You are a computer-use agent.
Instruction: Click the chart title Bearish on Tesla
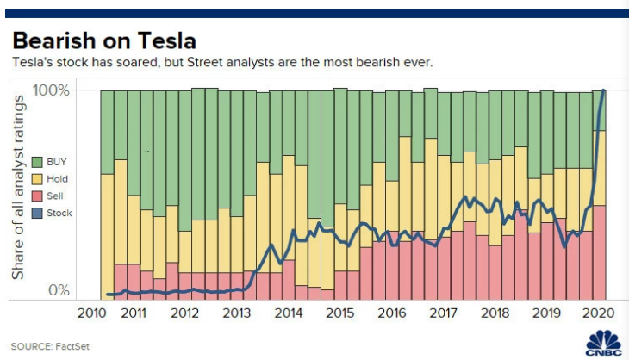point(104,40)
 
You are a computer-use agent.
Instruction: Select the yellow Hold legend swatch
point(37,179)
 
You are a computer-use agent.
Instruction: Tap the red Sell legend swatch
point(37,196)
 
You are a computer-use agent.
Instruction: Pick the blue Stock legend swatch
point(37,214)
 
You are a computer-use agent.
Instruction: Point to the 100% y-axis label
point(51,90)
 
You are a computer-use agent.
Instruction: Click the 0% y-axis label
point(58,290)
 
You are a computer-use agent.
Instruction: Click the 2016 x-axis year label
point(392,313)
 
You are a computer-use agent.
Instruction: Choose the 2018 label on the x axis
point(495,313)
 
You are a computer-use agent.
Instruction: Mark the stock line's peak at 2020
point(603,90)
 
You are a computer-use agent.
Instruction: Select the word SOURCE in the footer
point(29,346)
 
